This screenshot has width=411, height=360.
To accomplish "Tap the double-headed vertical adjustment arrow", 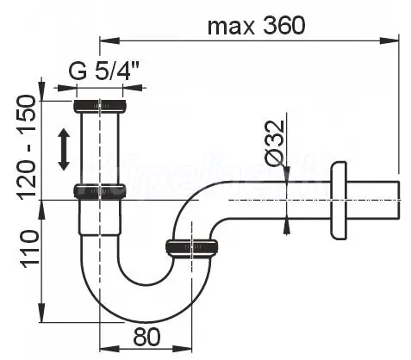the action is [x=64, y=149].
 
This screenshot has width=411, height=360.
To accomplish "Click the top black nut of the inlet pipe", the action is [x=100, y=106].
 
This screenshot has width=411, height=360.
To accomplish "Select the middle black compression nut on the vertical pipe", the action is [x=100, y=191].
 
